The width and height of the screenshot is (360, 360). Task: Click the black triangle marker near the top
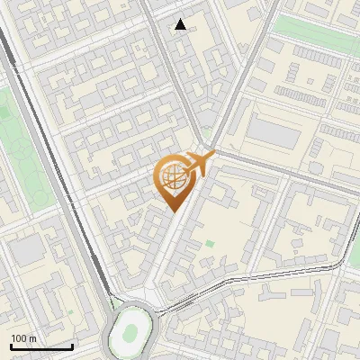181,24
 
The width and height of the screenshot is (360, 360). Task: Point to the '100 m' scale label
23,338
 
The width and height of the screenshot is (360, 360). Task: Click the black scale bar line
41,346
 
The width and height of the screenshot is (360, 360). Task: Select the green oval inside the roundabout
131,330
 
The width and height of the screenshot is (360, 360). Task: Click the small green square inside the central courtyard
210,243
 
